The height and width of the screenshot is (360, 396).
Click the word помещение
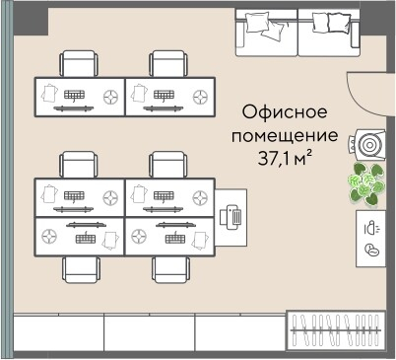pyautogui.click(x=284, y=134)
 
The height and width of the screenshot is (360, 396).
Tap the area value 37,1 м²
pyautogui.click(x=284, y=158)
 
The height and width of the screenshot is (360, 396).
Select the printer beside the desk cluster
pyautogui.click(x=234, y=215)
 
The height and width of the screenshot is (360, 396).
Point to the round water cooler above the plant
pyautogui.click(x=370, y=144)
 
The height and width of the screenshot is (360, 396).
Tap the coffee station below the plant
pyautogui.click(x=370, y=237)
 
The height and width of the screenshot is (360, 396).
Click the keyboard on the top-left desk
pyautogui.click(x=75, y=95)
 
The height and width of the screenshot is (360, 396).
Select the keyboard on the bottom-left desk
pyautogui.click(x=83, y=237)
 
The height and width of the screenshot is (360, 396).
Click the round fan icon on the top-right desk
pyautogui.click(x=201, y=96)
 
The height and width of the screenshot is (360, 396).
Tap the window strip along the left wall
pyautogui.click(x=7, y=178)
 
